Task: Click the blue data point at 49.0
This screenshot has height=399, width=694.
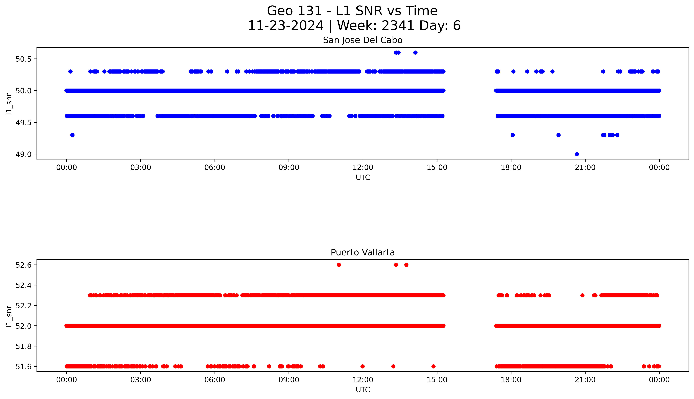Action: click(577, 154)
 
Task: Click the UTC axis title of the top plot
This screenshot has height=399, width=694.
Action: click(363, 178)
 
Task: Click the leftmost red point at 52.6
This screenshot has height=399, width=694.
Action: click(339, 265)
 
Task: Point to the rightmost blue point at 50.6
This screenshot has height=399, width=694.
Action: click(415, 53)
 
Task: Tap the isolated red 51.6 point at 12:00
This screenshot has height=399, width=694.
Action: click(362, 366)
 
